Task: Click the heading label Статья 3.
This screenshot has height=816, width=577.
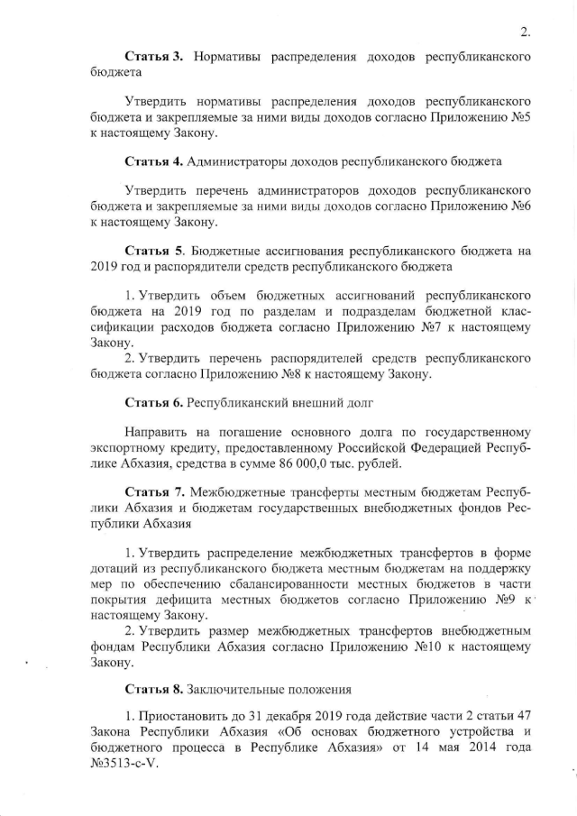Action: click(154, 57)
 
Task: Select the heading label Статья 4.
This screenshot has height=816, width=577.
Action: click(154, 160)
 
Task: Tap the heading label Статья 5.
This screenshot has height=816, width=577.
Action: click(154, 250)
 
